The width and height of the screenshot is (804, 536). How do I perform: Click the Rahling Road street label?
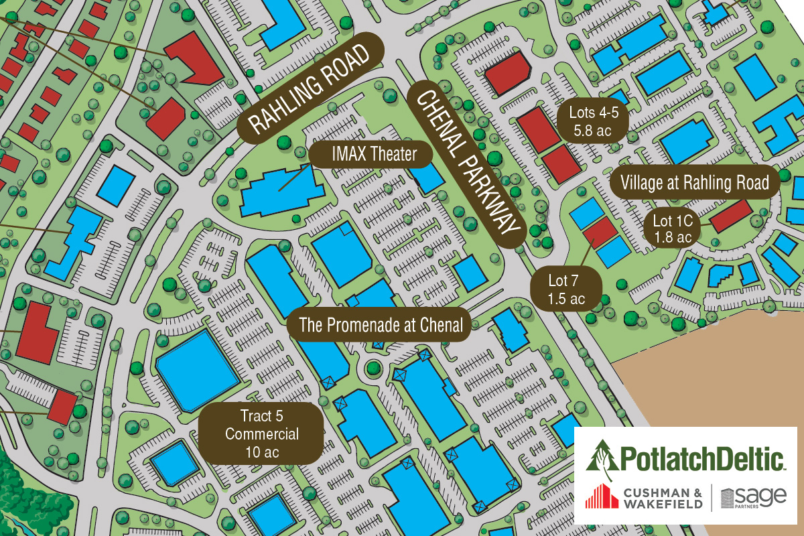click(x=310, y=86)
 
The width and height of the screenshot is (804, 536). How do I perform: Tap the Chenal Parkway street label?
click(x=465, y=165)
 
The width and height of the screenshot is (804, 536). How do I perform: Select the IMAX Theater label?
click(x=374, y=155)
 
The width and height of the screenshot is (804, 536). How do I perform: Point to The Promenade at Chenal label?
click(x=381, y=326)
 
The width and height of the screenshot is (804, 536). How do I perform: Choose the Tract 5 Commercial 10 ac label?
click(x=261, y=433)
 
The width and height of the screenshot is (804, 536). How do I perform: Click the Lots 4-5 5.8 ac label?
click(x=592, y=121)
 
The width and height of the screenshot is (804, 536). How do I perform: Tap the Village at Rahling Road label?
click(x=695, y=182)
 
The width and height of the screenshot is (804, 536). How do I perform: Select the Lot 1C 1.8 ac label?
click(x=672, y=228)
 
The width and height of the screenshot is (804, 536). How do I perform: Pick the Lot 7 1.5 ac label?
click(x=565, y=289)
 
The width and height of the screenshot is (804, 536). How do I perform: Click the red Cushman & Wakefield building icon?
click(x=602, y=497)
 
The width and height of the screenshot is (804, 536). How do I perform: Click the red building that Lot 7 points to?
click(x=600, y=231)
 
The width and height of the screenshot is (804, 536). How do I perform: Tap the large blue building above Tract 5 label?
click(x=198, y=371)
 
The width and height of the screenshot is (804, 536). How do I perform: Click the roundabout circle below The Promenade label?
click(x=373, y=366)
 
